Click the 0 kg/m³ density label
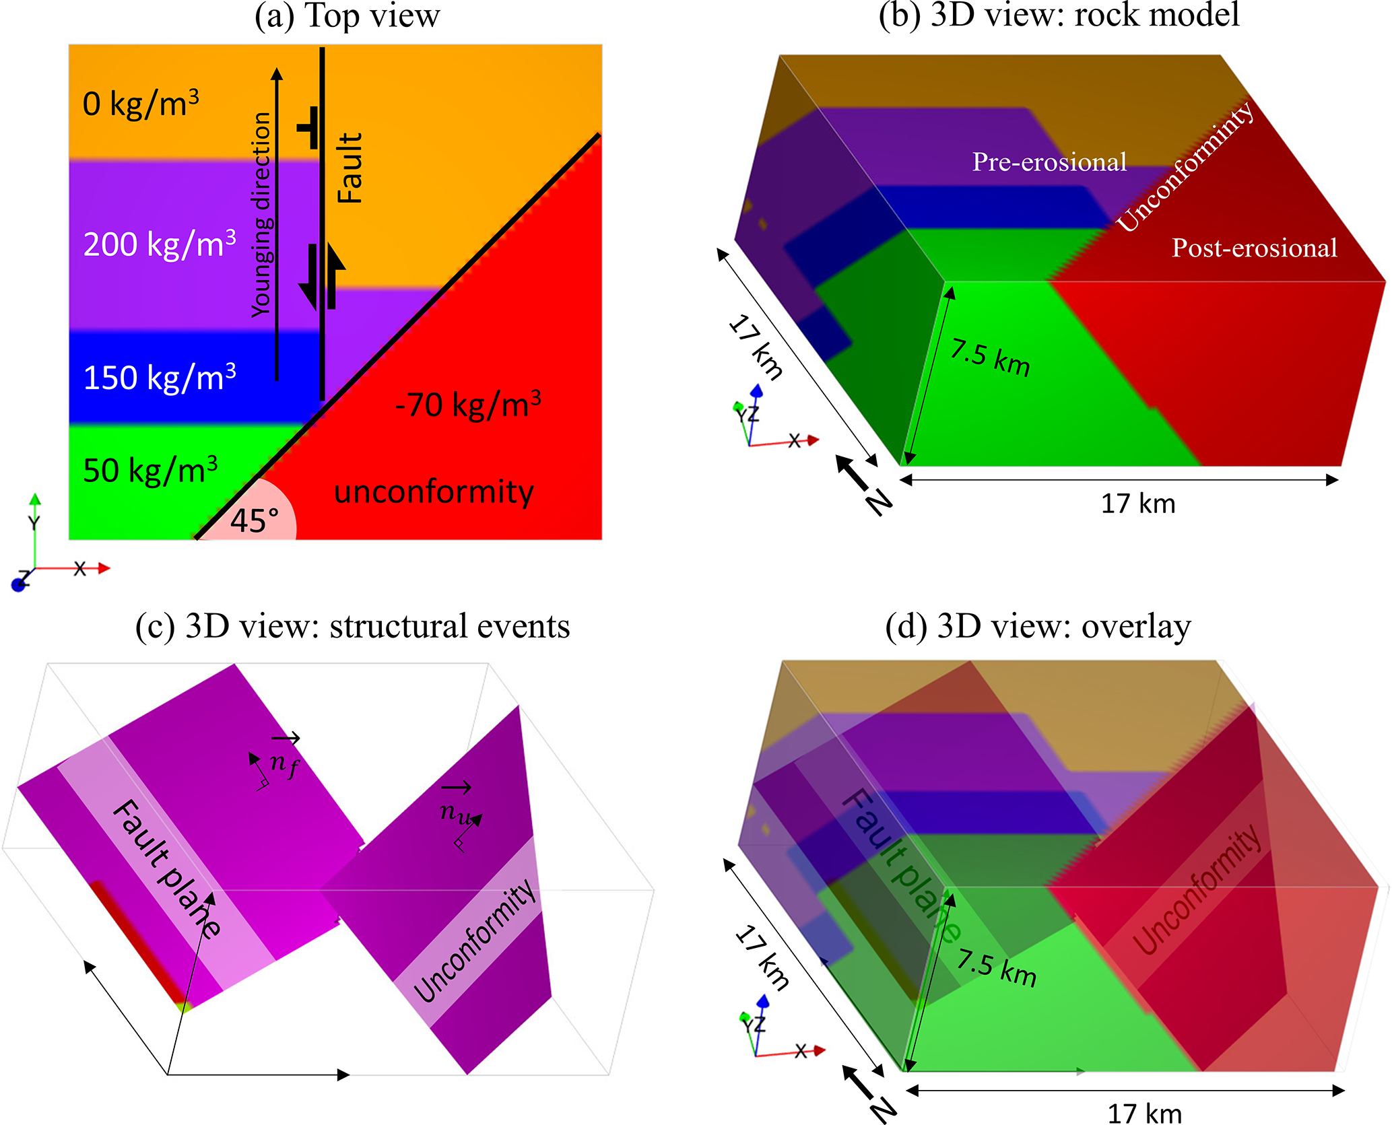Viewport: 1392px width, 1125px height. click(x=140, y=104)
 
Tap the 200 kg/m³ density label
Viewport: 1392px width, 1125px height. click(x=160, y=244)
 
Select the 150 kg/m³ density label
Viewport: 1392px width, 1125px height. click(x=160, y=377)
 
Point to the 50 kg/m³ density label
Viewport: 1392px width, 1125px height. click(x=150, y=470)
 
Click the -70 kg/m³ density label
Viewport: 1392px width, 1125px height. click(x=468, y=405)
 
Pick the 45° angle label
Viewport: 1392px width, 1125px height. click(x=254, y=520)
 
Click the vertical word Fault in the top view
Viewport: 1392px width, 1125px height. click(x=350, y=168)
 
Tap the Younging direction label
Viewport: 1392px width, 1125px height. click(x=261, y=214)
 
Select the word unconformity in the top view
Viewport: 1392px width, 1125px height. click(x=434, y=491)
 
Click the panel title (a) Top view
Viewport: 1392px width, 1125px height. click(x=347, y=15)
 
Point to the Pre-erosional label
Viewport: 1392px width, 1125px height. click(x=1049, y=162)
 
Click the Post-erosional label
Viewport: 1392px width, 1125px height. click(x=1254, y=248)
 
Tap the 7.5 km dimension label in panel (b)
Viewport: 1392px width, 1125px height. click(x=990, y=358)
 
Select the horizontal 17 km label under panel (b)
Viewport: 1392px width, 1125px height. click(x=1137, y=504)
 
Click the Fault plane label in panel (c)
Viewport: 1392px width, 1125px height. click(x=166, y=868)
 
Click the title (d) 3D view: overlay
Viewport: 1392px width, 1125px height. click(x=1038, y=626)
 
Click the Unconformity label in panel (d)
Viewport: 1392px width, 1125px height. click(x=1197, y=889)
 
